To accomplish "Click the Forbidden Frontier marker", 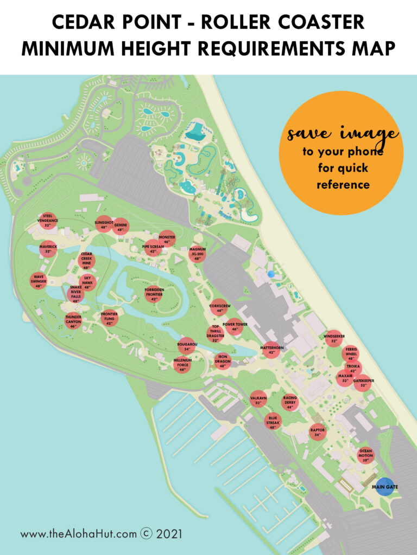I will (154, 294).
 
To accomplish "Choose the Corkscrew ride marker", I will (219, 307).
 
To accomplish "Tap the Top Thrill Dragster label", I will (216, 334).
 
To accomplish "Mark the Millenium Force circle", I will (182, 364).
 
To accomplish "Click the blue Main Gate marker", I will (385, 486).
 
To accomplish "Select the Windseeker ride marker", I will (334, 338).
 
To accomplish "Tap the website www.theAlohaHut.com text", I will (79, 534).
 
